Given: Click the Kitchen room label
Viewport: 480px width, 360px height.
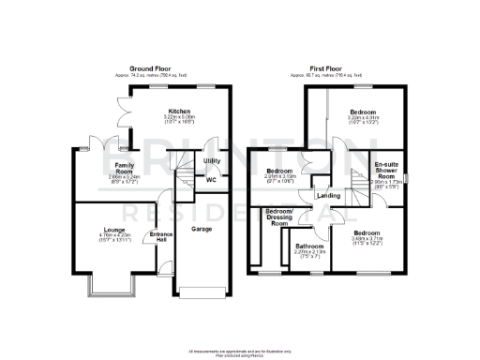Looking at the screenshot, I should point(178,110).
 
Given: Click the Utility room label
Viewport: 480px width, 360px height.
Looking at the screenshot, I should point(212,161).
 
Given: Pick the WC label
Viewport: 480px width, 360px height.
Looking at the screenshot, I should point(211,179).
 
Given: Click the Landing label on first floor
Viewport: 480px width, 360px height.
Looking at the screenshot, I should point(328,196).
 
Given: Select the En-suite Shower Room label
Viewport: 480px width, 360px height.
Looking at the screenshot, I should point(386,169).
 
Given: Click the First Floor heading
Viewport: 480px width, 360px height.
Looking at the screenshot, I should point(331,68).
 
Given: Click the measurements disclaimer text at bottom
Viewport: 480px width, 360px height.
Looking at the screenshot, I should point(239,351).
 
